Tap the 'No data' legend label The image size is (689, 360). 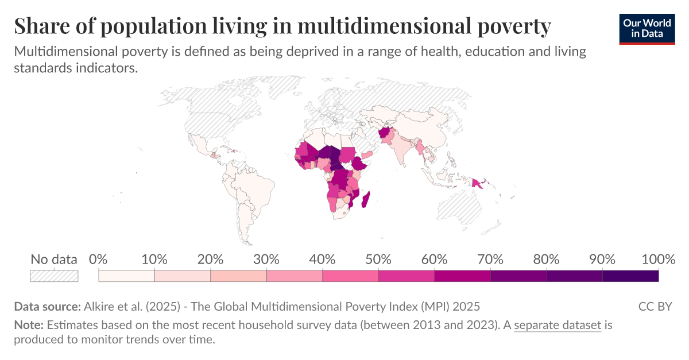[x=53, y=259]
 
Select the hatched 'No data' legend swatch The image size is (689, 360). [x=53, y=276]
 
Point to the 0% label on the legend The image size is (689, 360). [x=99, y=259]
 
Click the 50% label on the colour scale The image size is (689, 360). [x=378, y=259]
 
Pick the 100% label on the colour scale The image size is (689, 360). [x=657, y=259]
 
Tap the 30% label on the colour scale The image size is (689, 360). [x=266, y=259]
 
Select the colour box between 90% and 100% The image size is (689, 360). [x=630, y=276]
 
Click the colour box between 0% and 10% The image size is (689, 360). [x=127, y=276]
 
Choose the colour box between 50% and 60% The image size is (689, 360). [x=407, y=276]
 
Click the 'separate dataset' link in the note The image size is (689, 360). [x=557, y=326]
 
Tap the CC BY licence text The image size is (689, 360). [x=655, y=306]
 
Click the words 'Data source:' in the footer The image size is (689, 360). [x=47, y=306]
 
